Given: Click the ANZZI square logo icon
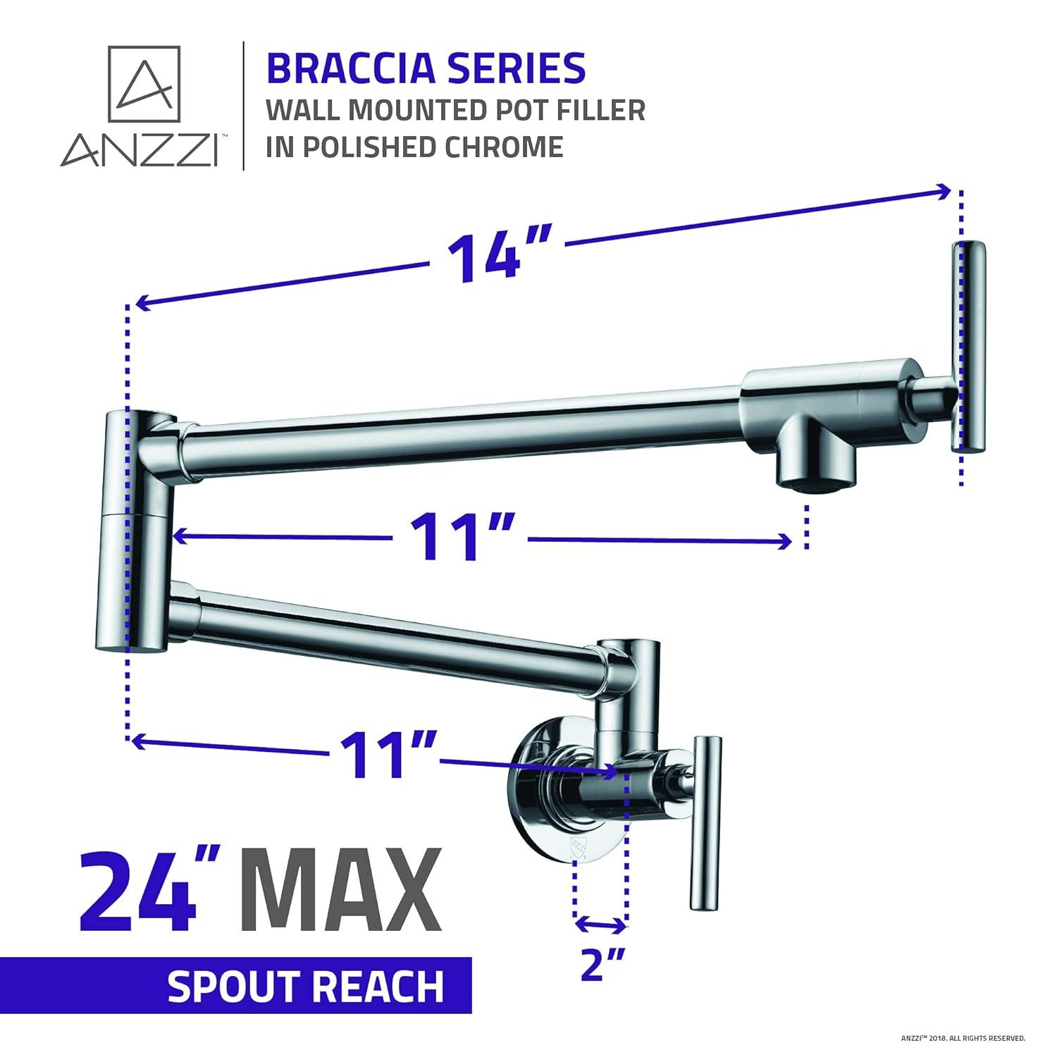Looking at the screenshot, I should pos(144,83).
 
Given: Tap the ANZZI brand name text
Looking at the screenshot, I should pos(139,149).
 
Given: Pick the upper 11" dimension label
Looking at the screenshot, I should pos(458,538).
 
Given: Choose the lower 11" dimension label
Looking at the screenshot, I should pos(385,753).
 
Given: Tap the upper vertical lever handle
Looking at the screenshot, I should pos(968,345).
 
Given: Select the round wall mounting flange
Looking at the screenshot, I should pos(536,796).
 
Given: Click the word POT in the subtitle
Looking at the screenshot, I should pos(536,110).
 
